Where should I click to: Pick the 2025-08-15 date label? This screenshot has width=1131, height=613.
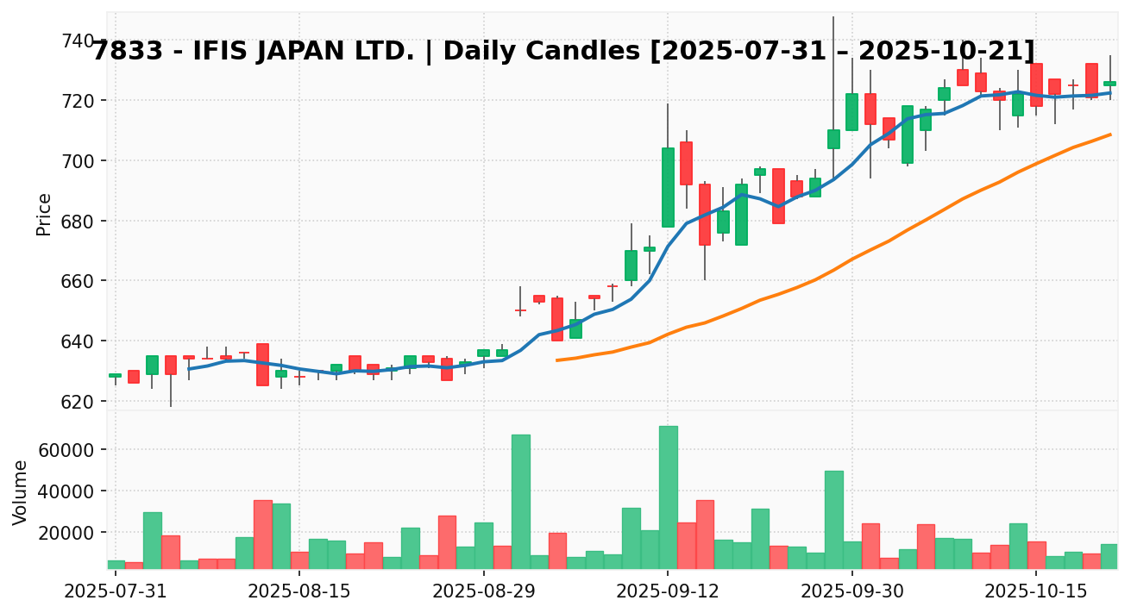pyautogui.click(x=299, y=593)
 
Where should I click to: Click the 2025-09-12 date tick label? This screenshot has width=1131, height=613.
pyautogui.click(x=668, y=593)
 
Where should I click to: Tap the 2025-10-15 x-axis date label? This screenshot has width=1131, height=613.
pyautogui.click(x=1036, y=593)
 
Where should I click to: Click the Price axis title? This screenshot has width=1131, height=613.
pyautogui.click(x=44, y=214)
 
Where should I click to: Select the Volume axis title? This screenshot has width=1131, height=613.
pyautogui.click(x=21, y=491)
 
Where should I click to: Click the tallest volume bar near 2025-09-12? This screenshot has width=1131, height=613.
pyautogui.click(x=668, y=497)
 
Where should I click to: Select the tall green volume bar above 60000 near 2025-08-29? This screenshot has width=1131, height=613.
pyautogui.click(x=520, y=502)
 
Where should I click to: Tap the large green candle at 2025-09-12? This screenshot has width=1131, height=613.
pyautogui.click(x=668, y=187)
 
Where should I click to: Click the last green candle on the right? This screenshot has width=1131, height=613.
pyautogui.click(x=1109, y=83)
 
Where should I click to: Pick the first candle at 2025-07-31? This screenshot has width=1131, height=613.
pyautogui.click(x=115, y=375)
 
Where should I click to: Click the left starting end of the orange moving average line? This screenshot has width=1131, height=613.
pyautogui.click(x=557, y=360)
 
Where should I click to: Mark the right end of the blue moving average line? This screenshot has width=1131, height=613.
pyautogui.click(x=1109, y=92)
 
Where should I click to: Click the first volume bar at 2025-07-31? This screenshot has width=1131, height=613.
pyautogui.click(x=116, y=565)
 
